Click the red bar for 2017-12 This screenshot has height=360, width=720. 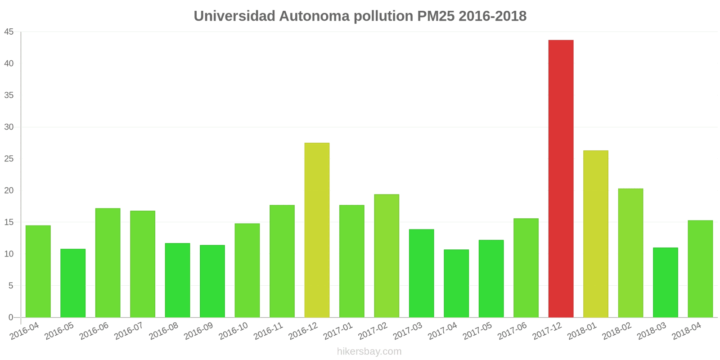pos(561,179)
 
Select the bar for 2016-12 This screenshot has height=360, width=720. pos(317,230)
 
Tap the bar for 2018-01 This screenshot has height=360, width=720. pos(595,234)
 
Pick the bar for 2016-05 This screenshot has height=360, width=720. pos(73,283)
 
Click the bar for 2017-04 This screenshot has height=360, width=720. pos(456,283)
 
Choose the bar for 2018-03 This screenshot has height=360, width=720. pos(665,283)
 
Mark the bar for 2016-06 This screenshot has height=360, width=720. pos(108,263)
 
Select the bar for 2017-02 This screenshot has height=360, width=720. pos(387,256)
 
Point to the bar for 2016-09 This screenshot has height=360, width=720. pos(212,281)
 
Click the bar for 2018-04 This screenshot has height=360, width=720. pos(700,269)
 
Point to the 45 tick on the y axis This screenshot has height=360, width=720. pos(9,32)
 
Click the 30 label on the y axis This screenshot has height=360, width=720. pos(9,127)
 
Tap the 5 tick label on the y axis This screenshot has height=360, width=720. pos(11,286)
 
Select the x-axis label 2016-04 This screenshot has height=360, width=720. pos(25,331)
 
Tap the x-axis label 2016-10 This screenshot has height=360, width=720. pos(234,331)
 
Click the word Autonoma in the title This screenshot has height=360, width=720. pos(314,16)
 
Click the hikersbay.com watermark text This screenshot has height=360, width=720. pos(369,351)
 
